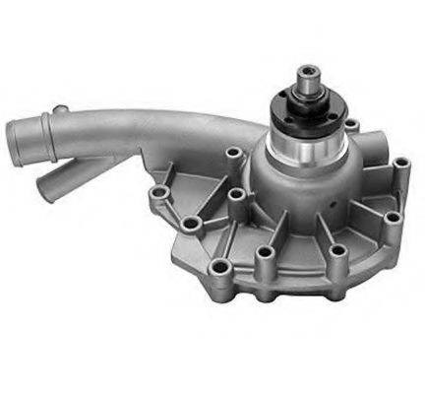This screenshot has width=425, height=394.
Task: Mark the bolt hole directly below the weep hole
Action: (336, 252)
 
